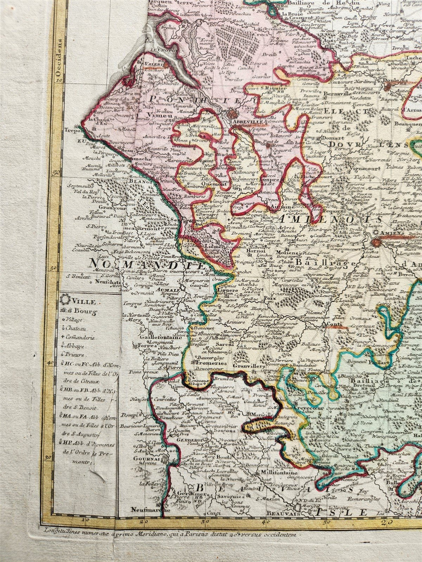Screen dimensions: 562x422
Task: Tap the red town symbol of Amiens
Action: tap(376, 242)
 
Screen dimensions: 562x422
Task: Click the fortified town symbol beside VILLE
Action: tap(64, 301)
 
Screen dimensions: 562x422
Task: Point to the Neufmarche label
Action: tap(145, 509)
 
